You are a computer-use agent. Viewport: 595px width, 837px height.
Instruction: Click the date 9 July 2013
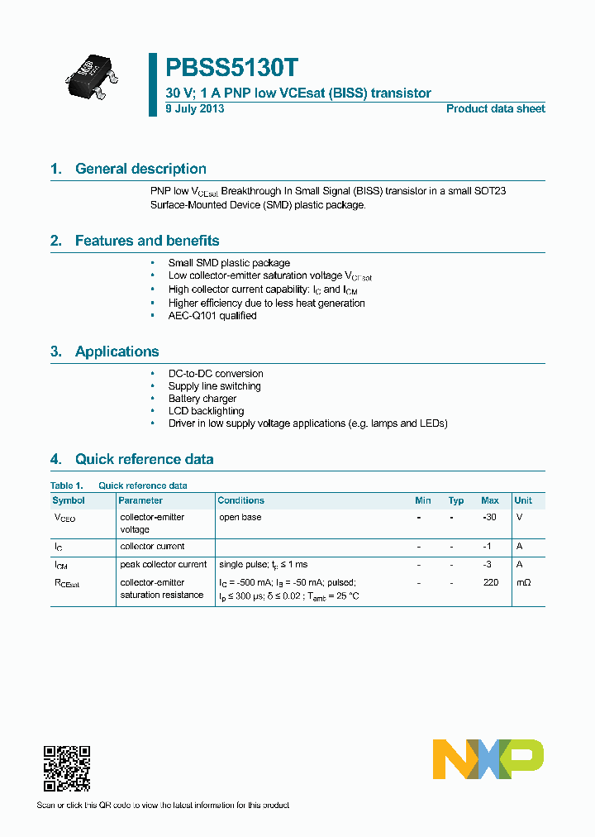194,109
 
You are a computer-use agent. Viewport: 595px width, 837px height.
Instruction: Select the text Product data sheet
495,109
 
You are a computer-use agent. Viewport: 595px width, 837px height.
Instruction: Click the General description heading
140,169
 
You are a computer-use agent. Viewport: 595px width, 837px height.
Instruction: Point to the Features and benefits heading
147,241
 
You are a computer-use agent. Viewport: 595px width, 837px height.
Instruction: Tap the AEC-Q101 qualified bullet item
212,316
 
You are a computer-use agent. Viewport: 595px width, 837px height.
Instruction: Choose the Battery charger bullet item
202,399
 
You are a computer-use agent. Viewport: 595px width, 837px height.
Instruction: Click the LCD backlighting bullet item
206,411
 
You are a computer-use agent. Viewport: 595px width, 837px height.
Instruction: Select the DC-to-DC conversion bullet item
216,374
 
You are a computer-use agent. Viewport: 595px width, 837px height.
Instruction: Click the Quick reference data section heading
144,459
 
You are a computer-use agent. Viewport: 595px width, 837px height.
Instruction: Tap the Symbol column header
69,500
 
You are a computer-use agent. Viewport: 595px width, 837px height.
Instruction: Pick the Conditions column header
240,500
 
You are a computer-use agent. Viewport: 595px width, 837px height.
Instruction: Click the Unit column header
523,500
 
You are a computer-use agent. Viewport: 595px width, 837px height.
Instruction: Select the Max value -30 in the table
489,517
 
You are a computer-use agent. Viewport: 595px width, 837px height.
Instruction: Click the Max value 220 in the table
490,583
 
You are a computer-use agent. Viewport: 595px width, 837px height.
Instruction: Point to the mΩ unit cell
523,583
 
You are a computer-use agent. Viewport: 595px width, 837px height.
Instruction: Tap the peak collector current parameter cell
164,564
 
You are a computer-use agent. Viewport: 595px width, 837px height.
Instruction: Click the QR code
66,768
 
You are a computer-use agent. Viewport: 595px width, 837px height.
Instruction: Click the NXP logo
488,759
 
